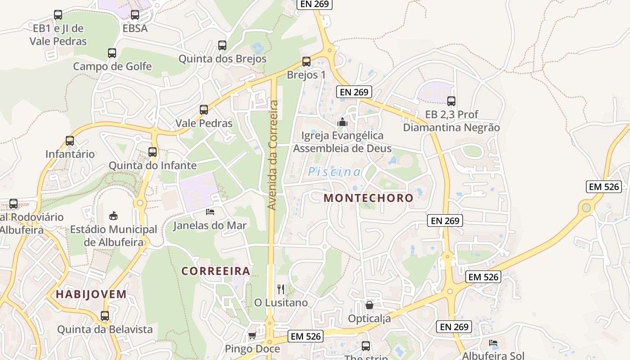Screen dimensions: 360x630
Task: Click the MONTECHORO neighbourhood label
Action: click(x=368, y=198)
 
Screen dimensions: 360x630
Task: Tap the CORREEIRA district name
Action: click(x=216, y=271)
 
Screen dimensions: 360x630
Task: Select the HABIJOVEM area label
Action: click(x=91, y=294)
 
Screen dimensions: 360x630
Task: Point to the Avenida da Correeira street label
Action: click(x=272, y=155)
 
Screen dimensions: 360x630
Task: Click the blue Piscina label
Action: click(x=334, y=172)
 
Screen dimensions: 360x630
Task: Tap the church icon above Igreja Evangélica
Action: click(x=342, y=122)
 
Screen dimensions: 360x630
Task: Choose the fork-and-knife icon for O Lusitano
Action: click(x=281, y=289)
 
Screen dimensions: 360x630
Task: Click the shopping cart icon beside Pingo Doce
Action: click(x=252, y=336)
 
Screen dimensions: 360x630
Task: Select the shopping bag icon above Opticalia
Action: click(x=369, y=305)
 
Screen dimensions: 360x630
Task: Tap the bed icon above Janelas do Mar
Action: click(x=210, y=211)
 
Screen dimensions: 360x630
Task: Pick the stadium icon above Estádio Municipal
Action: click(x=113, y=216)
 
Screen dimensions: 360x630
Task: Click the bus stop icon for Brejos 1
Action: click(x=306, y=62)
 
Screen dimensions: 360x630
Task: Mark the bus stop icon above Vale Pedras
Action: click(x=204, y=110)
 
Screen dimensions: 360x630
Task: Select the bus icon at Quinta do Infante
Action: click(x=153, y=152)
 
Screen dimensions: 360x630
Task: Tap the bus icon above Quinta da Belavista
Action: click(x=105, y=316)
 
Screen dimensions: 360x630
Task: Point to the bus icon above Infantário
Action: click(x=70, y=141)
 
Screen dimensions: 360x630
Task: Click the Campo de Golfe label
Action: click(x=112, y=67)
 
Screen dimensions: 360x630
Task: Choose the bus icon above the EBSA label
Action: click(x=135, y=15)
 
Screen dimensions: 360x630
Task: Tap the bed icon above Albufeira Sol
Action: click(x=493, y=343)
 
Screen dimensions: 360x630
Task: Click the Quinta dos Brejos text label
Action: click(x=222, y=59)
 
